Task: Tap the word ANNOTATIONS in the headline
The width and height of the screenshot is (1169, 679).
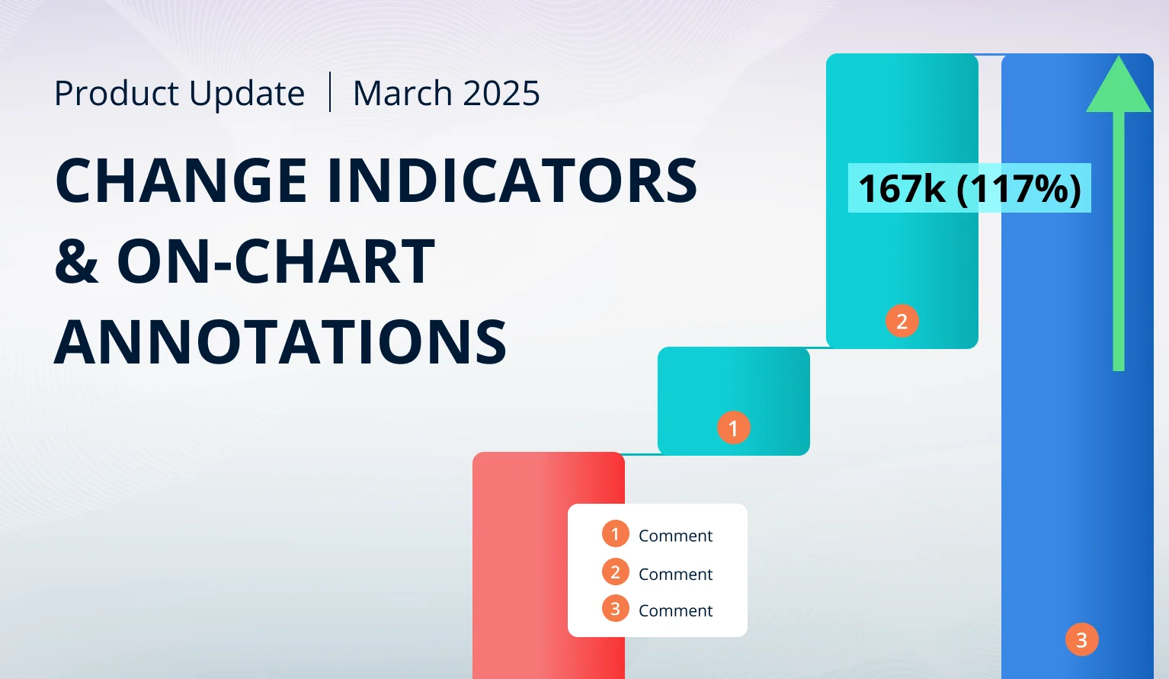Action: coord(280,341)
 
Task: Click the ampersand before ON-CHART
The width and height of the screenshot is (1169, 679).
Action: coord(76,261)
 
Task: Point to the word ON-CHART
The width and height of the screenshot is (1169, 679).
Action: coord(276,261)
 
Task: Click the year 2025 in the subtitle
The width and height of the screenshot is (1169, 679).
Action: coord(501,94)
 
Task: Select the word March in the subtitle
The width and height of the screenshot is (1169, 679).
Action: coord(402,94)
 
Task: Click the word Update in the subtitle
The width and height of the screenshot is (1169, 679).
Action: coord(247,94)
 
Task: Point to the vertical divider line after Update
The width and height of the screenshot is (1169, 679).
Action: coord(330,92)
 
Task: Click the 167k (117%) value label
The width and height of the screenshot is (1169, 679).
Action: coord(969,188)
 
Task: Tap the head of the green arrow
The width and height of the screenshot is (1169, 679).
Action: coord(1119,84)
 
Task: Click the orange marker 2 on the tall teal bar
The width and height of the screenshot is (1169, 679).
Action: coord(902,321)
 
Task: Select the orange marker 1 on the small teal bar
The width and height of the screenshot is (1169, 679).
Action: coord(733,428)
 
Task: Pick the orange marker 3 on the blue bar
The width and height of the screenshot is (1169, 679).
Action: coord(1082,639)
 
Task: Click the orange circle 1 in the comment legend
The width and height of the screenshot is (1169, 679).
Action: coord(615,534)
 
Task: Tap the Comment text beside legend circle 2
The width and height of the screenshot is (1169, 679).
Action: coord(675,574)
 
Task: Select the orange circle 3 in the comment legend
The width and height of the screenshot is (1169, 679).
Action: coord(615,609)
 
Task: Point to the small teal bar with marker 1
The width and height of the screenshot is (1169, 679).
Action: coord(733,401)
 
